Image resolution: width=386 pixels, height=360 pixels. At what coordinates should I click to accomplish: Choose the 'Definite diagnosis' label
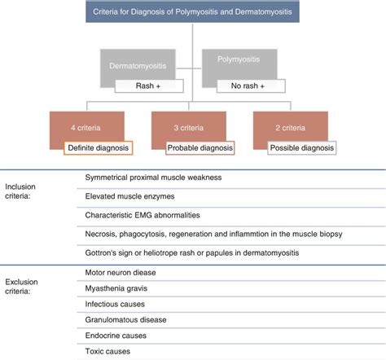(99, 147)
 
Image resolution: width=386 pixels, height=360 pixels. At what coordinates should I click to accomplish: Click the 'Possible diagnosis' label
(301, 147)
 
